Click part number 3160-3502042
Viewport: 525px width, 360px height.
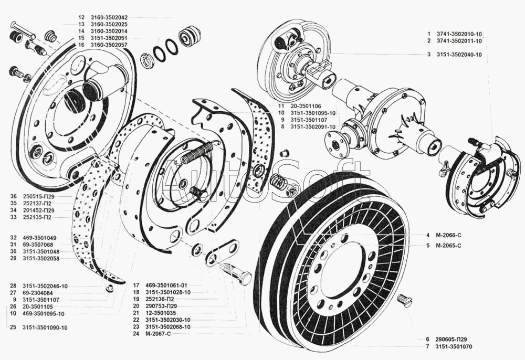(104, 17)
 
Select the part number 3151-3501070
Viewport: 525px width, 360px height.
(454, 346)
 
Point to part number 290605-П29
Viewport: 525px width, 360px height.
(451, 339)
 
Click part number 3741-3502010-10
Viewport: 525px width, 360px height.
(459, 34)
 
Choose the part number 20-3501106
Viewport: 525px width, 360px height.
(306, 106)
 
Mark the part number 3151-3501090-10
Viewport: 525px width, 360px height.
(45, 327)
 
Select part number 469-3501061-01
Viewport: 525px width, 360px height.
(166, 285)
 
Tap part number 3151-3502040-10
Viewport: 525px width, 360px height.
(459, 55)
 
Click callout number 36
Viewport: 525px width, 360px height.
(14, 196)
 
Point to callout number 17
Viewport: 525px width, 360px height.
(136, 285)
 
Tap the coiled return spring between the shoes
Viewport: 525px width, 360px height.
(197, 152)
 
